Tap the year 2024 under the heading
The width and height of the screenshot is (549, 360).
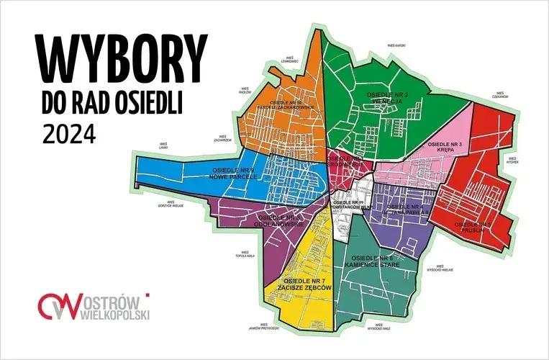tap(69, 134)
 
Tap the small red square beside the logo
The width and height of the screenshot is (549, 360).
tap(148, 294)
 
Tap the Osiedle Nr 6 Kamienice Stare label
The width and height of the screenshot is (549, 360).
tap(372, 261)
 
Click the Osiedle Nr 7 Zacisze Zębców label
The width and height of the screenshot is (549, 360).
tap(308, 283)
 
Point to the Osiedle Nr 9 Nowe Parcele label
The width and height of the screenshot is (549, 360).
tap(235, 173)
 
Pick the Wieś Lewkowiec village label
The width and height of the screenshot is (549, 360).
tap(290, 60)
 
